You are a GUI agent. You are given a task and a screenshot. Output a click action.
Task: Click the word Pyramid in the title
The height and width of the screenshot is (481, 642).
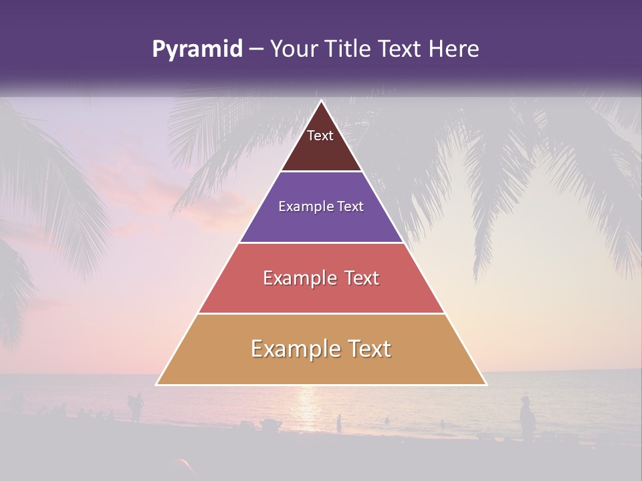coord(197,49)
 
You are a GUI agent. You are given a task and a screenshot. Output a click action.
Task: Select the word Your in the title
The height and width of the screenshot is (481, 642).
coord(292,49)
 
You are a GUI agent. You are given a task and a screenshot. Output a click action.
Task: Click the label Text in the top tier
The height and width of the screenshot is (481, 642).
coord(320,136)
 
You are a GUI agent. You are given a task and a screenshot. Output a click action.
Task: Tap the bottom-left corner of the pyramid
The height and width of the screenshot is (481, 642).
coord(157,384)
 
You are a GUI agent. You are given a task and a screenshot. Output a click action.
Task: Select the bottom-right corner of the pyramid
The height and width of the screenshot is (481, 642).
coord(486,384)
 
